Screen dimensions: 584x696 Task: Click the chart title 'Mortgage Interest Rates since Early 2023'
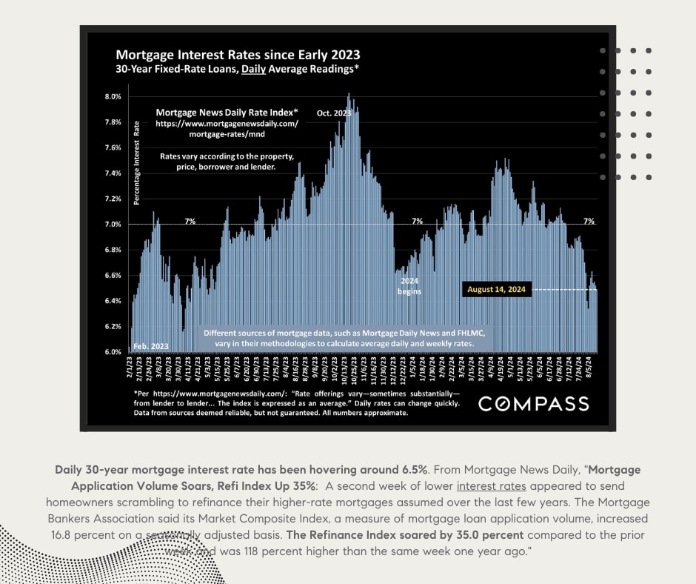pyautogui.click(x=237, y=56)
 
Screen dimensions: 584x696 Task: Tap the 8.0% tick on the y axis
pyautogui.click(x=113, y=97)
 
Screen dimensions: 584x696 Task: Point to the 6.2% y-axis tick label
pyautogui.click(x=113, y=327)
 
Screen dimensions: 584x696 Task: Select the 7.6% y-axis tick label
pyautogui.click(x=113, y=148)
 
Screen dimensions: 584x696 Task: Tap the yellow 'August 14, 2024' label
pyautogui.click(x=495, y=290)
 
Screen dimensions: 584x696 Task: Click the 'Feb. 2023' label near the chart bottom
pyautogui.click(x=151, y=346)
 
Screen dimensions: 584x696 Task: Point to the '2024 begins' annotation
pyautogui.click(x=409, y=287)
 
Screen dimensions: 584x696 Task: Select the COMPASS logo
pyautogui.click(x=533, y=404)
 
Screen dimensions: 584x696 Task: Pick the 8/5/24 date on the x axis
pyautogui.click(x=589, y=368)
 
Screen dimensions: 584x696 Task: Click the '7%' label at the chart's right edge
pyautogui.click(x=589, y=221)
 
